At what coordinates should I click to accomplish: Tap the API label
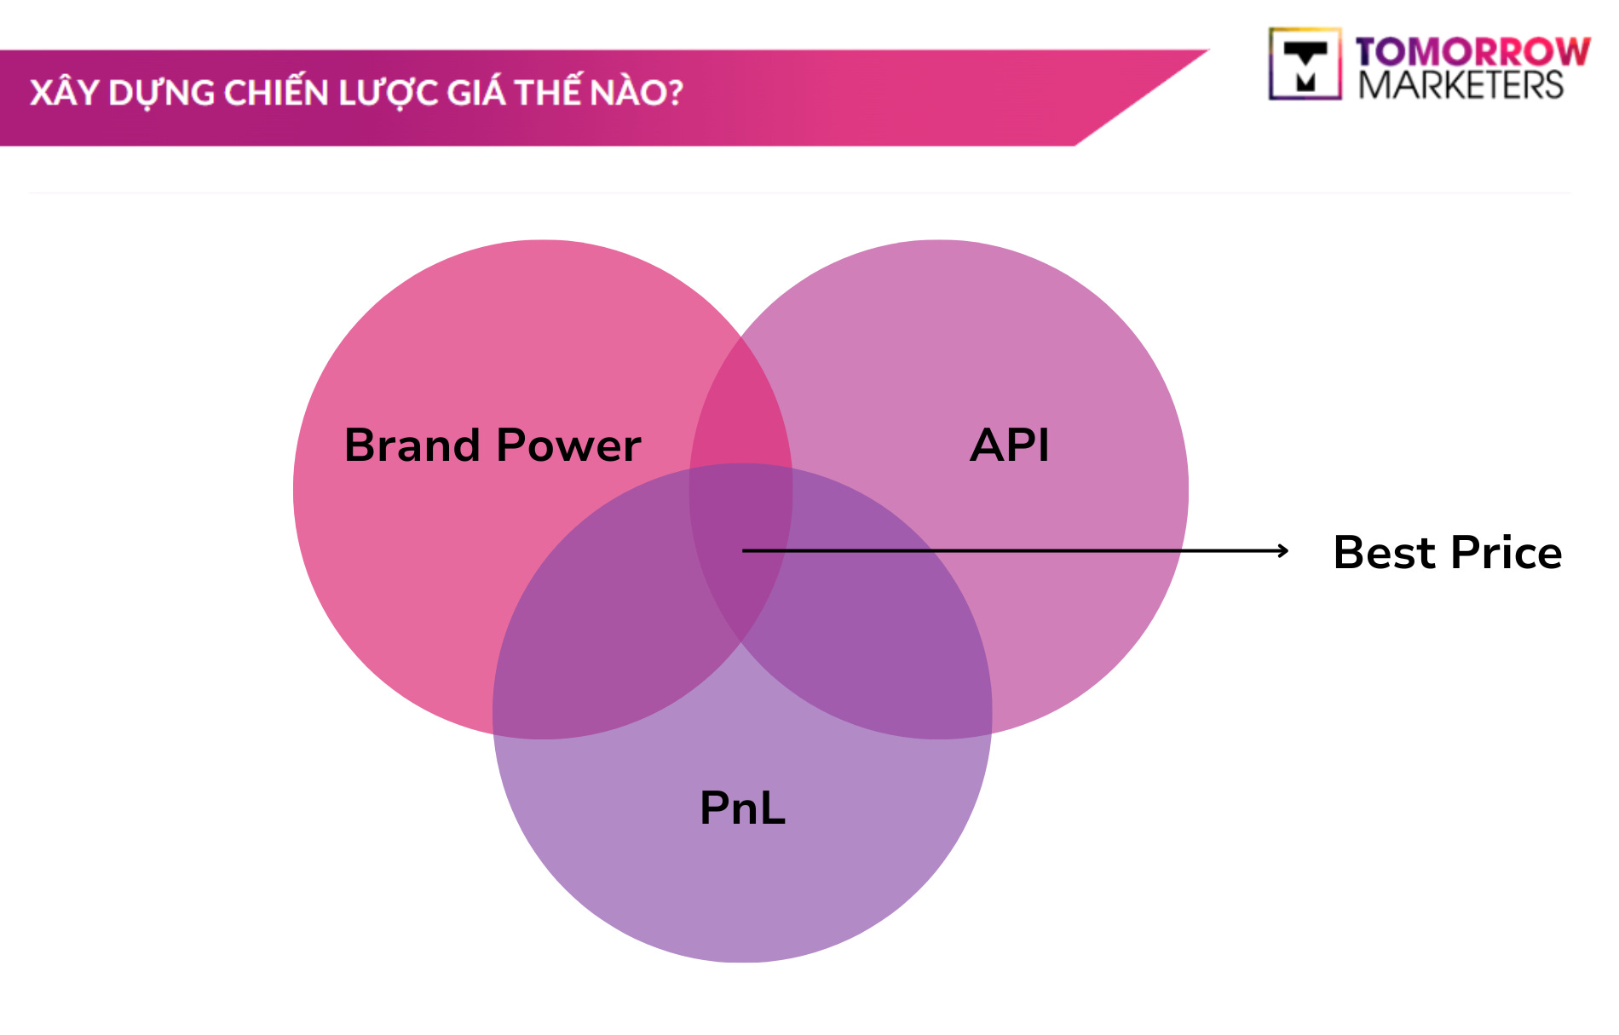point(1010,445)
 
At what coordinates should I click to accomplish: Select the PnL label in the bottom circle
point(742,808)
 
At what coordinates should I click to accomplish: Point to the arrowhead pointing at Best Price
point(1284,551)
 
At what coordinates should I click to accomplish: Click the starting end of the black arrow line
point(745,551)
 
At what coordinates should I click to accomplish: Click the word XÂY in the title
point(63,92)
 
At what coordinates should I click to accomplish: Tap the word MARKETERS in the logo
point(1461,85)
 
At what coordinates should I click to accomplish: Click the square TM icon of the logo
point(1305,65)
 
